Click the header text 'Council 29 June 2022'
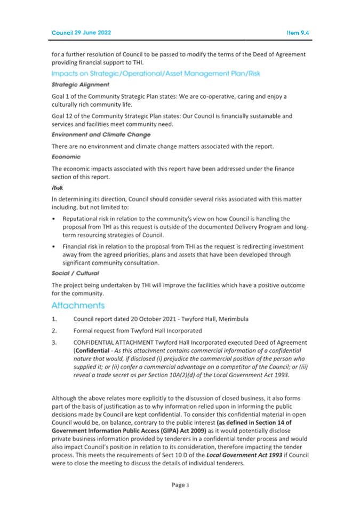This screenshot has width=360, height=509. (82, 33)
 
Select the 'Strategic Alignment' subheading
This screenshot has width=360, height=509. (81, 84)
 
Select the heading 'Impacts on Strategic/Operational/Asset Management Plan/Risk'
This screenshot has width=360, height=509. (155, 73)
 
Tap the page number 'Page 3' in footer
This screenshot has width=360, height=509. (180, 486)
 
